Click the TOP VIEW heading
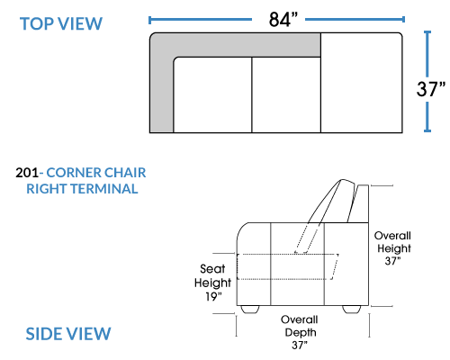[x=61, y=23]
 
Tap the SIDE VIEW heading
[x=68, y=334]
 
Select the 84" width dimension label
[x=283, y=20]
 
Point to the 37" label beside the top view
[x=431, y=88]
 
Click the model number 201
[x=27, y=173]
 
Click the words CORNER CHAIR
[x=96, y=173]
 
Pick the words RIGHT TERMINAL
[x=82, y=189]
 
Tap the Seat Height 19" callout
[x=212, y=283]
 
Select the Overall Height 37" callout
[x=392, y=248]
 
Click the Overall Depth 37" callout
[x=300, y=332]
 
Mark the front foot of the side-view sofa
[x=250, y=310]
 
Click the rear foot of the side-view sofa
[x=352, y=310]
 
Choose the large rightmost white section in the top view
[x=362, y=83]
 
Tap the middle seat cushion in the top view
[x=286, y=94]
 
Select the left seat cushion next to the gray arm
[x=212, y=94]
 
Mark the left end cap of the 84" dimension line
[x=149, y=20]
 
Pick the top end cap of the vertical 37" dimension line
[x=427, y=31]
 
